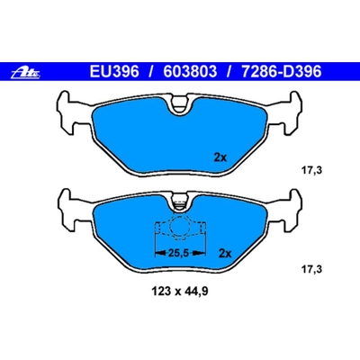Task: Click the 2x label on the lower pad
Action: [x=226, y=254]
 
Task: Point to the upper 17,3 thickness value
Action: [x=310, y=167]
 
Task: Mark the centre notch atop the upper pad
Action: [x=179, y=109]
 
